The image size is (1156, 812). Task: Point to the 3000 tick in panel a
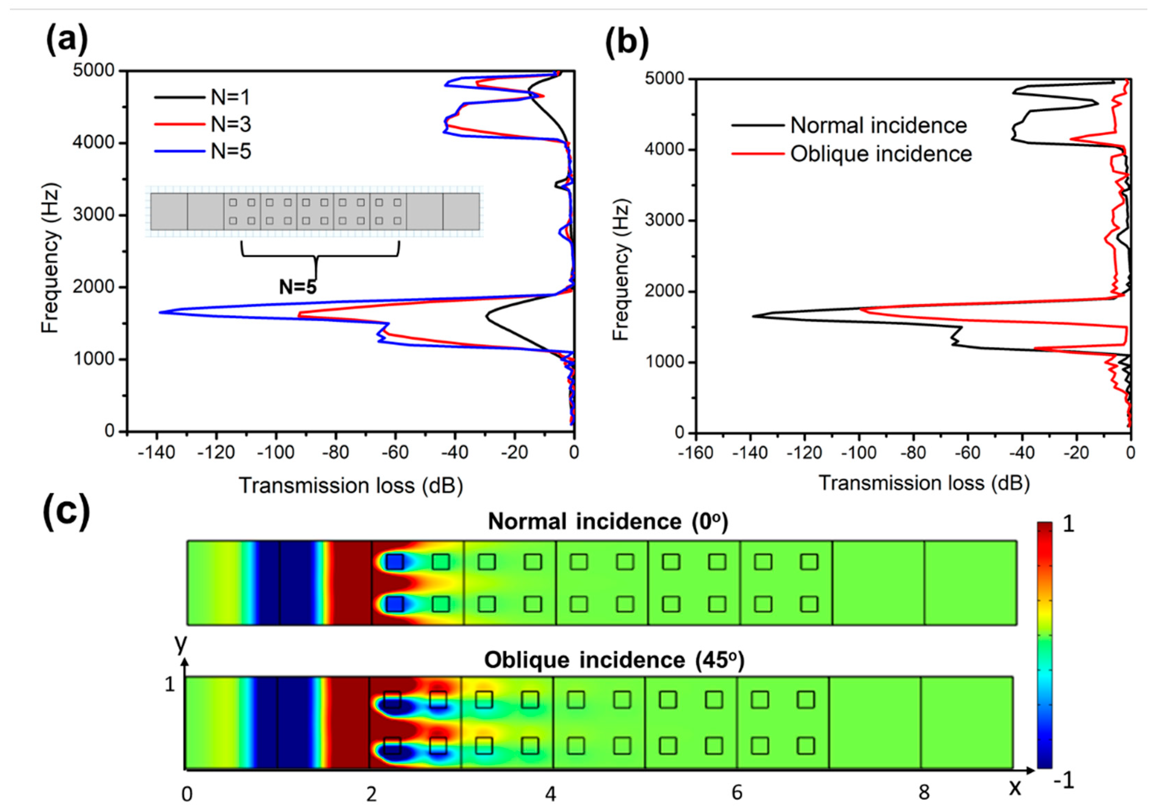[94, 215]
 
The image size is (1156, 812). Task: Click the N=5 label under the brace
[297, 287]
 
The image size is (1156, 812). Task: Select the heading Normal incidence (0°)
[608, 522]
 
